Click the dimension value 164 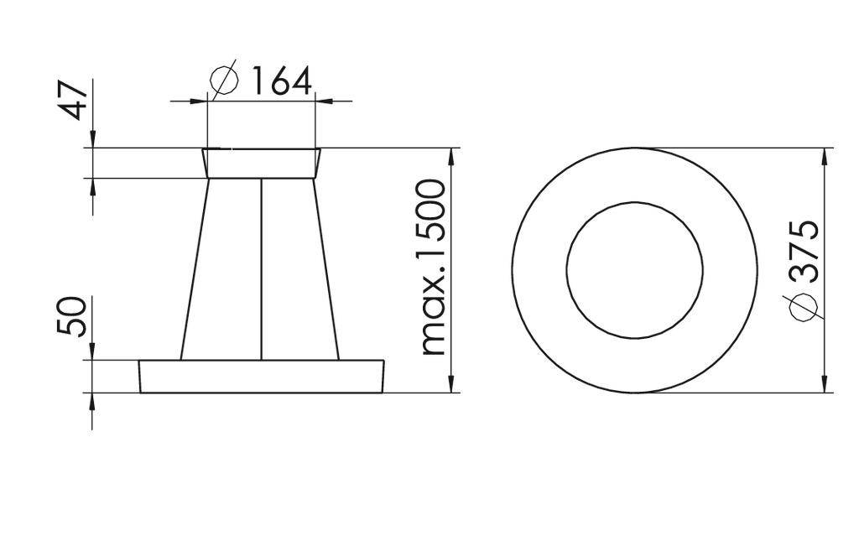(x=281, y=82)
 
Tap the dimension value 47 (x=76, y=101)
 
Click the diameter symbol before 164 (x=224, y=81)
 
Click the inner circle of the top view (x=634, y=270)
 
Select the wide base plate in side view (x=262, y=376)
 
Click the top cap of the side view (x=262, y=163)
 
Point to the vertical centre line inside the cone (x=262, y=268)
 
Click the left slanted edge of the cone (x=195, y=268)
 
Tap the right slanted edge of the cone (x=327, y=268)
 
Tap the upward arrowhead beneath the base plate (x=92, y=401)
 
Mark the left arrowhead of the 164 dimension (x=198, y=101)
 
